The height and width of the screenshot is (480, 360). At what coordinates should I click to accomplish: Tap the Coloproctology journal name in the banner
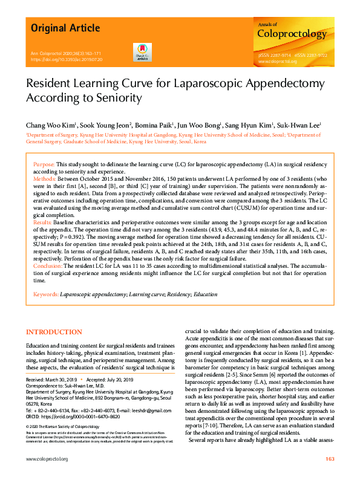coord(292,34)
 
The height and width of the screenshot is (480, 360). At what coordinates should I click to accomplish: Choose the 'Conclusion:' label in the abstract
coord(48,267)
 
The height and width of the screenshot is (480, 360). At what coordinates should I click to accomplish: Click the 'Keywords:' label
coord(46,294)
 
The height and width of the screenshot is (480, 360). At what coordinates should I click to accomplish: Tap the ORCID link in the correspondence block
coord(71,417)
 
